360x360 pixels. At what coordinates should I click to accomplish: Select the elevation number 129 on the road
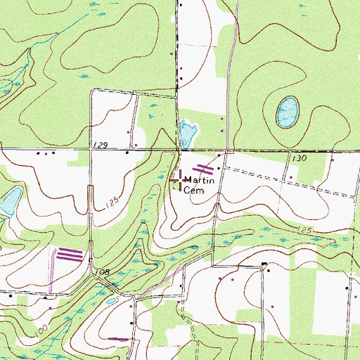pyautogui.click(x=100, y=145)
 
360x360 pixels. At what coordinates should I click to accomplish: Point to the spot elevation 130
pyautogui.click(x=300, y=159)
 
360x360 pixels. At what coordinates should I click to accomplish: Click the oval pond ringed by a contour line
pyautogui.click(x=286, y=112)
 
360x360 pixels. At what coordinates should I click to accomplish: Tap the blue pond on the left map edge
pyautogui.click(x=8, y=203)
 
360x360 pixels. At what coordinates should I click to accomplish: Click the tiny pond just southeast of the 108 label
pyautogui.click(x=112, y=300)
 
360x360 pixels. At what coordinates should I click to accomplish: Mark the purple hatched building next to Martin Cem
pyautogui.click(x=203, y=168)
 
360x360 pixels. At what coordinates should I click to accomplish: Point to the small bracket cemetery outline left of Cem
pyautogui.click(x=174, y=187)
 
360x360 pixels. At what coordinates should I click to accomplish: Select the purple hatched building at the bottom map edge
pyautogui.click(x=120, y=339)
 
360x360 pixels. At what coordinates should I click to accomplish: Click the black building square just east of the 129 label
pyautogui.click(x=127, y=151)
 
